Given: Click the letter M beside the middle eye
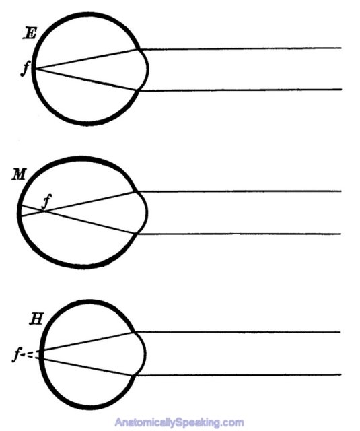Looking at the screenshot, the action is (19, 175).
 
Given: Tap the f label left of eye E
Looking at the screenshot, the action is (24, 69).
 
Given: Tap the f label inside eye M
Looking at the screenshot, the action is (48, 201).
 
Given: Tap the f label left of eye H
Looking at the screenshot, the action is (16, 355).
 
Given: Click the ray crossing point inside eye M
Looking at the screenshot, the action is (44, 211).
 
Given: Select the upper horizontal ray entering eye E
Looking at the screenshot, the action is (241, 48).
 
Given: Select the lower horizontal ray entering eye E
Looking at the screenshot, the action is (241, 90).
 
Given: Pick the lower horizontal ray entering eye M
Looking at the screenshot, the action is (239, 234).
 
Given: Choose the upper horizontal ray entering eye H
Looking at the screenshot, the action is (238, 332).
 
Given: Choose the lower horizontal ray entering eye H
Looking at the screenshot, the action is (238, 375).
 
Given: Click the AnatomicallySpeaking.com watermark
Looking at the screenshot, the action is (179, 422).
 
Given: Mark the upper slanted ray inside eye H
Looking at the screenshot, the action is (87, 341).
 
